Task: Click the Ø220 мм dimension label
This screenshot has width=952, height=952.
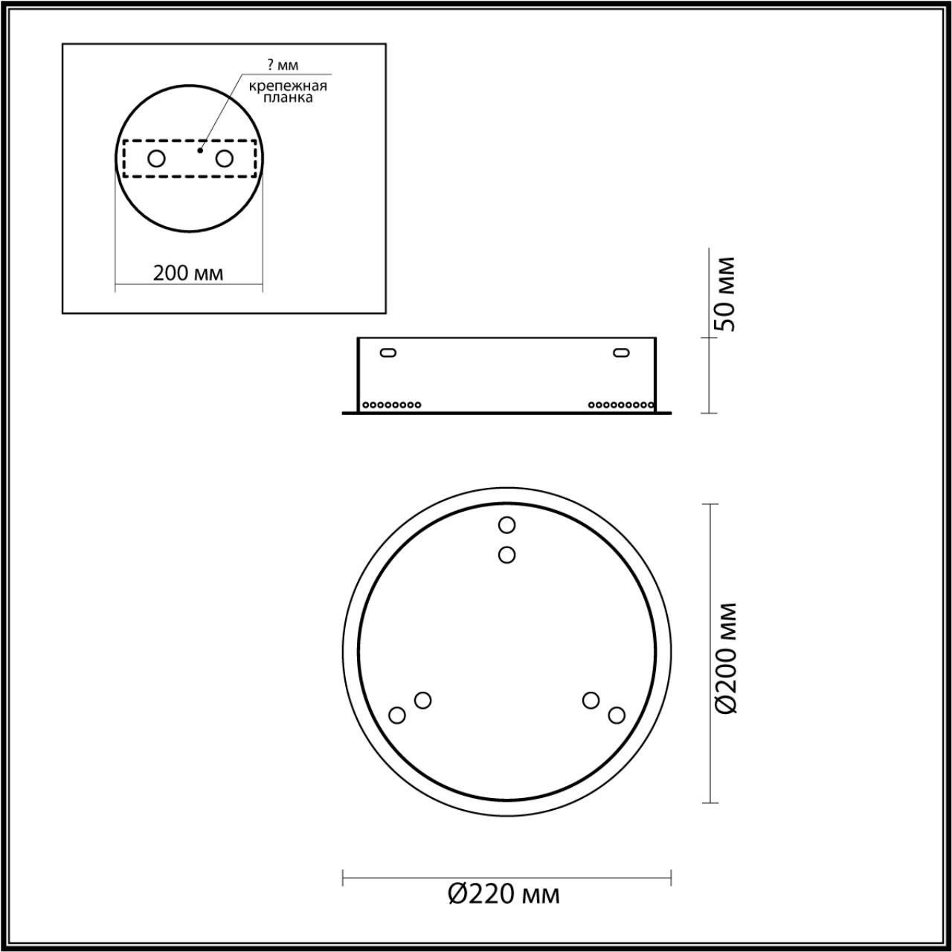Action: (x=504, y=893)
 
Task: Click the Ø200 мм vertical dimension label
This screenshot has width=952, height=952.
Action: (x=725, y=657)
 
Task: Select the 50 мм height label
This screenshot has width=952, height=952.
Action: (x=724, y=295)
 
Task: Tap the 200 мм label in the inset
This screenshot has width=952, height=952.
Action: (x=188, y=273)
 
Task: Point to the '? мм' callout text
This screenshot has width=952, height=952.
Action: (x=283, y=65)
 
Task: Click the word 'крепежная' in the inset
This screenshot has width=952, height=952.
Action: (x=288, y=86)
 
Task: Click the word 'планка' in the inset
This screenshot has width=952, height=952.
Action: (x=288, y=97)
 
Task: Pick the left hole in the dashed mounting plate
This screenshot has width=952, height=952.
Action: (x=156, y=158)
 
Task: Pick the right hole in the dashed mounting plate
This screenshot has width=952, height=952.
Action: (x=223, y=158)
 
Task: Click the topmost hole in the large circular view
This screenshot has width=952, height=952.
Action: (x=506, y=525)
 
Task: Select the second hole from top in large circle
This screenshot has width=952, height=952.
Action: (x=506, y=554)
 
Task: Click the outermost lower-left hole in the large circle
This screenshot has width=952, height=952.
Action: (x=397, y=715)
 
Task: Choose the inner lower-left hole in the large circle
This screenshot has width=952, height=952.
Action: (x=422, y=700)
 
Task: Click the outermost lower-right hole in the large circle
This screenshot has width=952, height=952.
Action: (x=616, y=715)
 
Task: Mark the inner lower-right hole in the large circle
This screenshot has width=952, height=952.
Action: (x=591, y=700)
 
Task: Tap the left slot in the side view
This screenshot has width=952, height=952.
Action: (x=387, y=353)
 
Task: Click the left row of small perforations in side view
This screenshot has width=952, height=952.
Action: (x=391, y=405)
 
